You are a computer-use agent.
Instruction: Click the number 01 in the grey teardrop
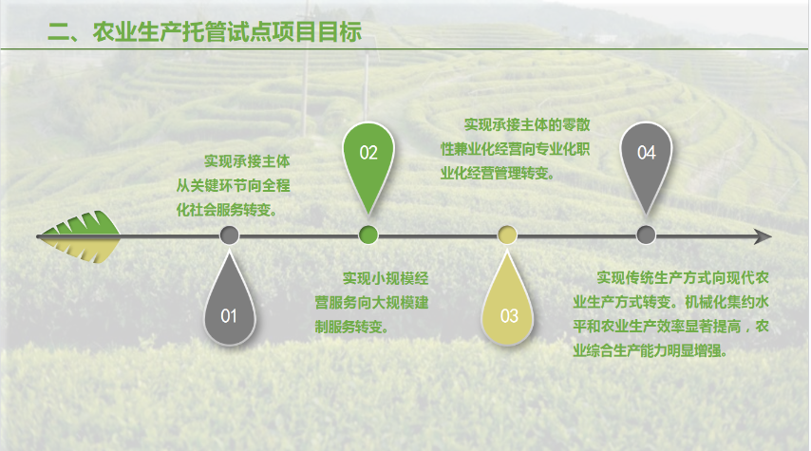tap(229, 315)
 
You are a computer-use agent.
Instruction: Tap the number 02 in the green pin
tap(368, 153)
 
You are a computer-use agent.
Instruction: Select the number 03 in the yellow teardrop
tap(509, 315)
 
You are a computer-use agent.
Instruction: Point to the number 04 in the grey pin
tap(647, 153)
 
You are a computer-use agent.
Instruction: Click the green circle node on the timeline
tap(368, 235)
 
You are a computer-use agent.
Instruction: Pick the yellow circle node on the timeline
tap(507, 235)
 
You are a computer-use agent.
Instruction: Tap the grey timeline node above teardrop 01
tap(229, 235)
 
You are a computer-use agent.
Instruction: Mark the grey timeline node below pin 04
tap(646, 235)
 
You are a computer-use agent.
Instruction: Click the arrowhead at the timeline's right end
tap(763, 236)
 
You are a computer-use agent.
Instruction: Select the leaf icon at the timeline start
tap(80, 236)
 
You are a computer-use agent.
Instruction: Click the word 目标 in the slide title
tap(339, 32)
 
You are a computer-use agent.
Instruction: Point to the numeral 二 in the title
tap(59, 32)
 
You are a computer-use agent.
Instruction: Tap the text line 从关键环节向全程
tap(234, 186)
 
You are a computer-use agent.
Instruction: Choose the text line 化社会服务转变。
tap(227, 210)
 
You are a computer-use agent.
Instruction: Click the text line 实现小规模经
tap(386, 279)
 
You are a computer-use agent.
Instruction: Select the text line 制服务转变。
tap(352, 327)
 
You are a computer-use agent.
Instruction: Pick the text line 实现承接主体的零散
tap(527, 124)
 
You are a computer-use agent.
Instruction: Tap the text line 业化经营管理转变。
tap(498, 173)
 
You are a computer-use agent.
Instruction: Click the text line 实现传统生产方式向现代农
tap(683, 278)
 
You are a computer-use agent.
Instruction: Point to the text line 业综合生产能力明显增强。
tap(651, 350)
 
